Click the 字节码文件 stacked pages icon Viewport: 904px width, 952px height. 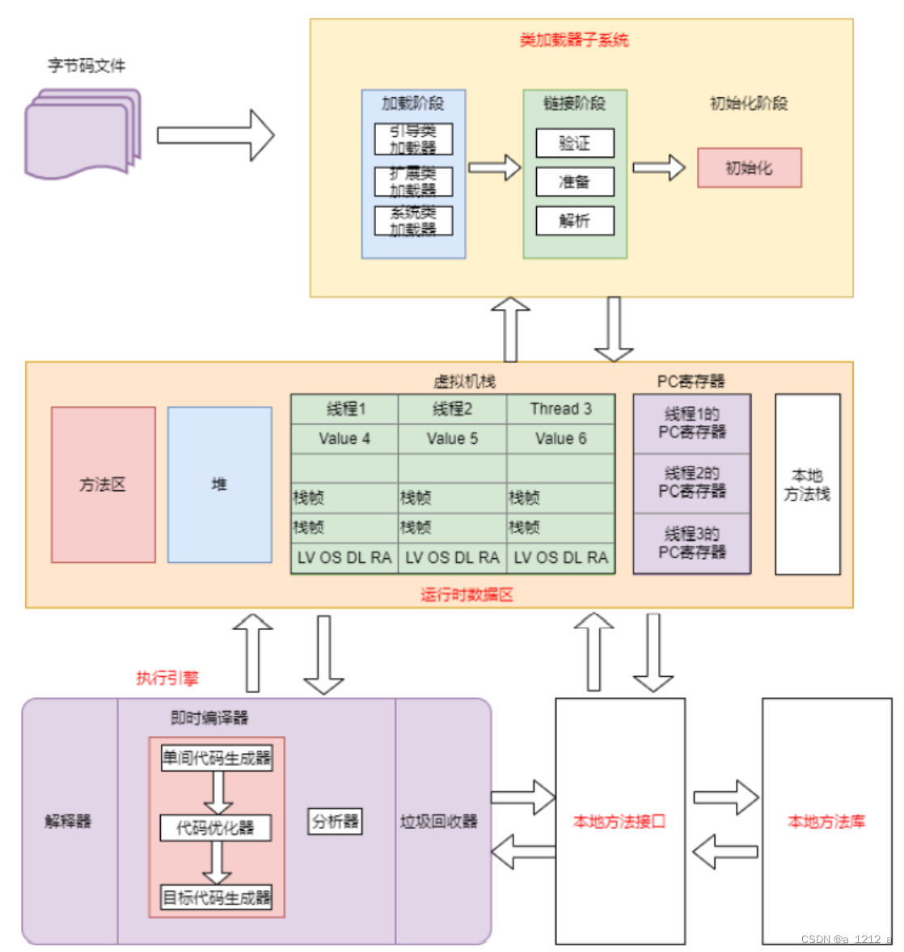point(82,133)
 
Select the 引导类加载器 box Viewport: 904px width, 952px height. point(413,139)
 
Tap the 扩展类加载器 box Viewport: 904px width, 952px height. point(413,181)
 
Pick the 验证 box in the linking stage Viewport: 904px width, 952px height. point(575,143)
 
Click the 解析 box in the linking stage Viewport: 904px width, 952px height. point(575,220)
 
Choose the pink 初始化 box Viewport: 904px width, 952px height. point(749,167)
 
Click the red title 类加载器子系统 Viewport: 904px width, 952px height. point(573,40)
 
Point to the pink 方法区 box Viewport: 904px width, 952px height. point(103,484)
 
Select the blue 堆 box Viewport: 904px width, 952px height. point(219,484)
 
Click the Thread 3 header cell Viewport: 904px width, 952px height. point(560,408)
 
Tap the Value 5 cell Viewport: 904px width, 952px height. point(452,438)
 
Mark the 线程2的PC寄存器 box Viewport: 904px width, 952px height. point(691,483)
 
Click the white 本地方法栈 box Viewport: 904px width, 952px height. point(807,484)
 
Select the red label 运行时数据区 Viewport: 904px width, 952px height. point(467,594)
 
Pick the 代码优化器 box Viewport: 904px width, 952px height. point(215,827)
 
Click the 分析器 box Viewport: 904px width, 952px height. point(335,821)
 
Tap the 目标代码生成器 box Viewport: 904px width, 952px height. point(216,897)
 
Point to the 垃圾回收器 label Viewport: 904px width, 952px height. point(438,821)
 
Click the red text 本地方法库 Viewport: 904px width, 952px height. point(826,821)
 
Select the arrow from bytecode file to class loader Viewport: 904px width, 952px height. point(215,135)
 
